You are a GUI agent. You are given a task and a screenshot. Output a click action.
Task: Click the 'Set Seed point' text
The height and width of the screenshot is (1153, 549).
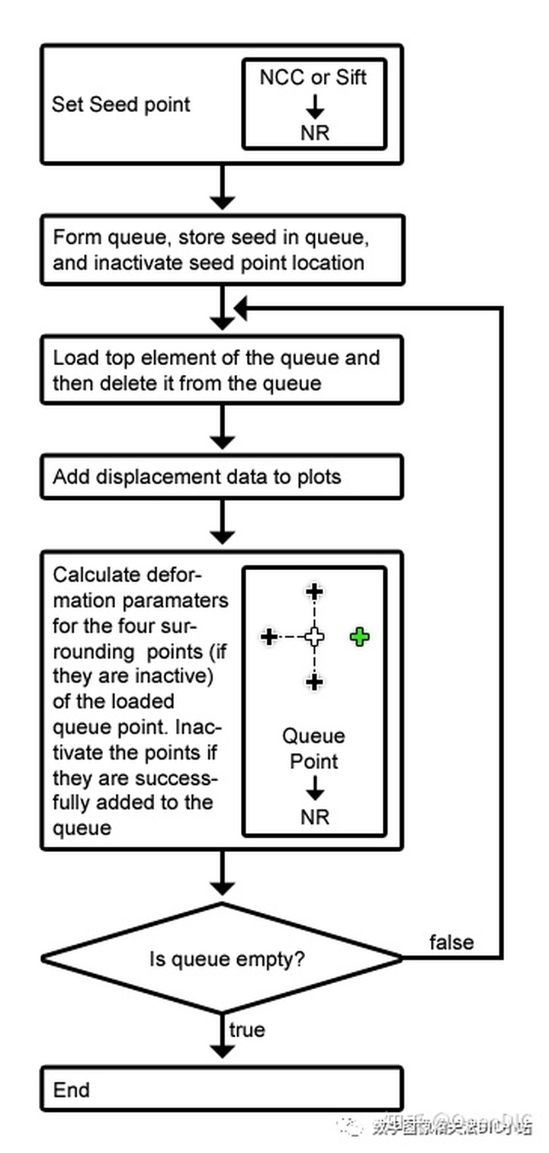click(120, 104)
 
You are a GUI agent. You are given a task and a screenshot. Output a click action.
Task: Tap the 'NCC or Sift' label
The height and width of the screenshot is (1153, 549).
click(314, 77)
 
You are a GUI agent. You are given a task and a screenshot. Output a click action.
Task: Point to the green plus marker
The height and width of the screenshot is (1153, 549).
click(360, 636)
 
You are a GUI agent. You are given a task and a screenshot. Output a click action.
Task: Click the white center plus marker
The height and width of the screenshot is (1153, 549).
click(314, 636)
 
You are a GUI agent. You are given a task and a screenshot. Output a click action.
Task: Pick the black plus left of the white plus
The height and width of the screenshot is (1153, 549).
click(268, 636)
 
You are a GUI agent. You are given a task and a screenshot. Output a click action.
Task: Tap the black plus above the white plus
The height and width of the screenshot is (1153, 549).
click(314, 591)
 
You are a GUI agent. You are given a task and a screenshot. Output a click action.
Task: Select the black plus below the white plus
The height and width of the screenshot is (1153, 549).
click(314, 681)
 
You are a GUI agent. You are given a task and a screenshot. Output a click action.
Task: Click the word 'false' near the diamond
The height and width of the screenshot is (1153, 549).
click(451, 942)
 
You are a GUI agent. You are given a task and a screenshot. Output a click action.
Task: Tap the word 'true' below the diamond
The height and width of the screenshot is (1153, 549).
click(247, 1030)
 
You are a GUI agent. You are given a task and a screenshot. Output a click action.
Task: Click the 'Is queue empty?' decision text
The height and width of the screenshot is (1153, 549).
click(227, 958)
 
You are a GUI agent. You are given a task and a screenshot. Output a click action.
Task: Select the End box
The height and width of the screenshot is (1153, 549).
click(221, 1090)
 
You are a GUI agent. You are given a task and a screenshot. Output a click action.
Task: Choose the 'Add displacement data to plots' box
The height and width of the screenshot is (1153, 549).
click(221, 478)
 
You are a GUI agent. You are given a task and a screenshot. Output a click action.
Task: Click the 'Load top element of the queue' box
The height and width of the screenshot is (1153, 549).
click(221, 370)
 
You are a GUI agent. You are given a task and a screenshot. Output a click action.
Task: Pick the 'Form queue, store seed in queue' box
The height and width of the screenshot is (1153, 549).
click(221, 250)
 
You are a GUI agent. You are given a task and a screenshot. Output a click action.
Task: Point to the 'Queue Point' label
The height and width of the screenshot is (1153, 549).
click(314, 748)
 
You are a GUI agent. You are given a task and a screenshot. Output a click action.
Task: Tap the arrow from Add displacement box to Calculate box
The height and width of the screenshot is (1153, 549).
click(222, 524)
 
